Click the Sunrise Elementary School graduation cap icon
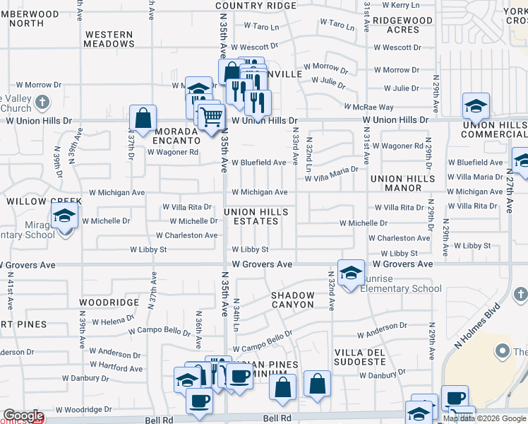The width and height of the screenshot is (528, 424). click(351, 275)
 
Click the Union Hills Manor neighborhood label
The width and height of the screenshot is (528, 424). click(400, 183)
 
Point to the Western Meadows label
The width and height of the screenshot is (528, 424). click(109, 39)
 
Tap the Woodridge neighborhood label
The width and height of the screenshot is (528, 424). click(109, 302)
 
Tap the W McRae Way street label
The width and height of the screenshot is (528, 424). click(368, 107)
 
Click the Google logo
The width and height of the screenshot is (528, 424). click(23, 416)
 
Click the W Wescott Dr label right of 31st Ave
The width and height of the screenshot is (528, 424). click(397, 48)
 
